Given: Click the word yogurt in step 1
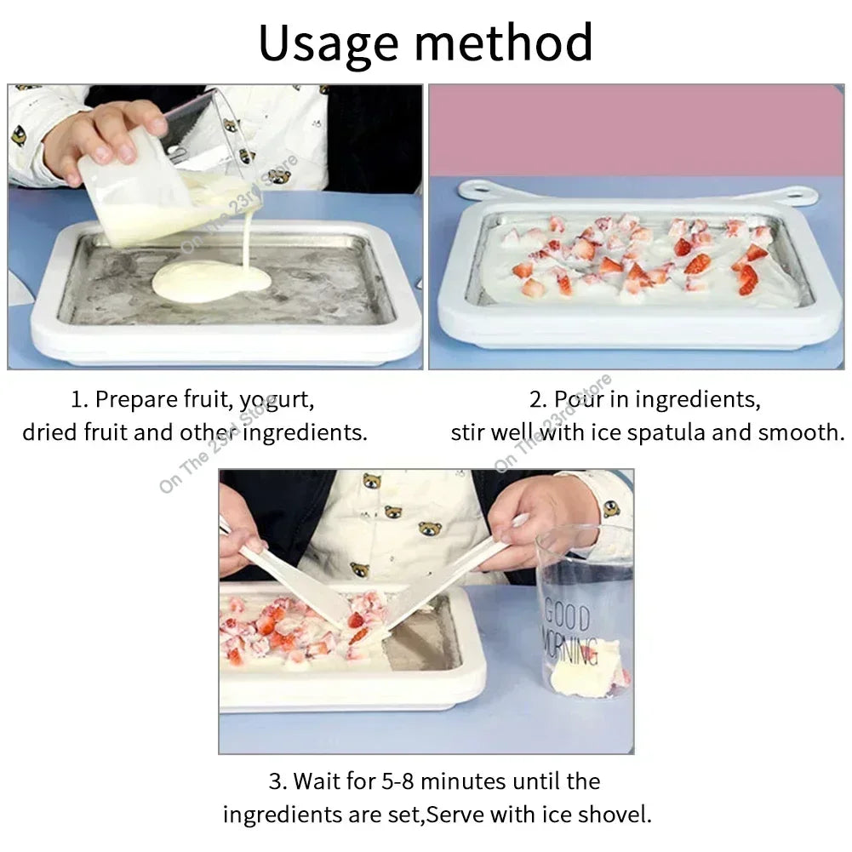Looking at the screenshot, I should (277, 399).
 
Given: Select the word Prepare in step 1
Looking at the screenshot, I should (137, 399).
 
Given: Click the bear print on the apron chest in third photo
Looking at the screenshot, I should (392, 512).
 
